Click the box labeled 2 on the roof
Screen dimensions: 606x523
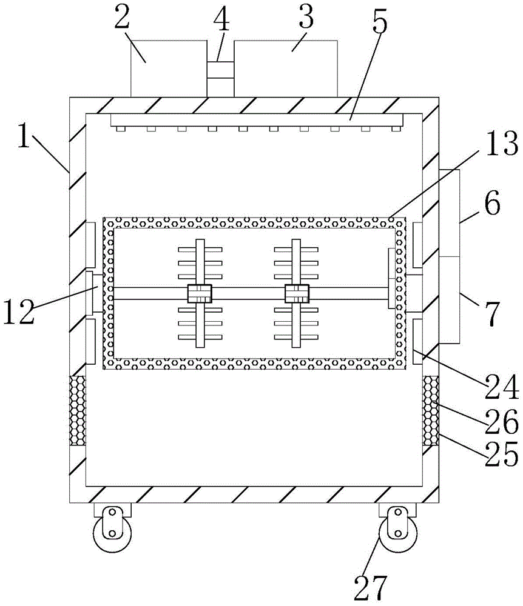[x=169, y=68]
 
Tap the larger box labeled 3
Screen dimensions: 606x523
[x=285, y=68]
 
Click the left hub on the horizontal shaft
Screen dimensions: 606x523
[x=200, y=294]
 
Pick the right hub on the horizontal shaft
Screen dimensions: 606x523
[x=297, y=294]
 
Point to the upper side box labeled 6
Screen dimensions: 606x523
[x=449, y=213]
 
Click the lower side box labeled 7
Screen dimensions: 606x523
[x=449, y=299]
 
